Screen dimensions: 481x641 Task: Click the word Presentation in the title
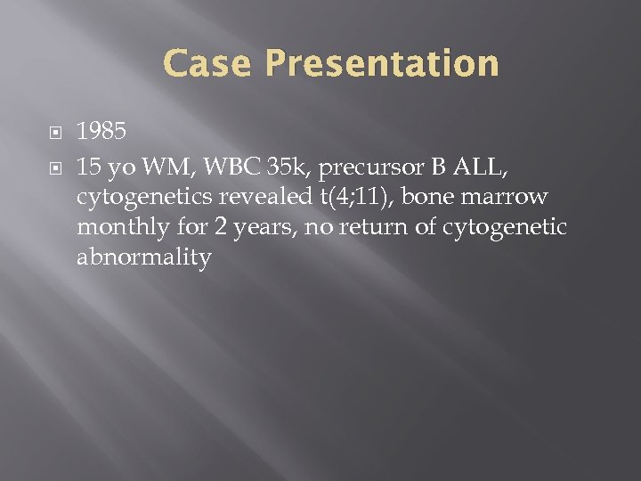coord(382,64)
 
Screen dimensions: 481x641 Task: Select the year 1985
coord(102,132)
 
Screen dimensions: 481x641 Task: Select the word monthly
coord(118,228)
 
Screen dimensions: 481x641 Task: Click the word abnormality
coord(144,259)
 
